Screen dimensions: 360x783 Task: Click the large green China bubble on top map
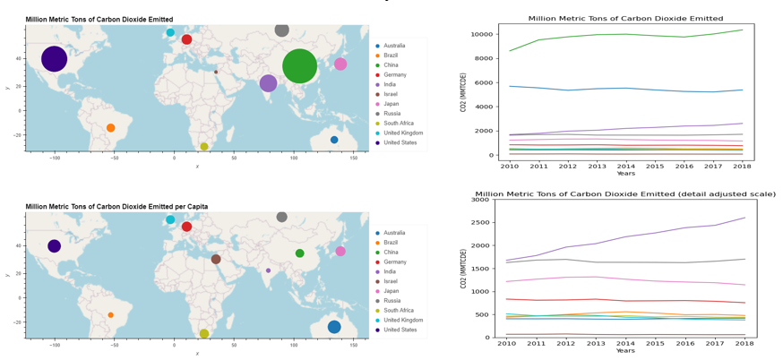point(299,65)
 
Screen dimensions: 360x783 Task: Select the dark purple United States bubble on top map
point(54,59)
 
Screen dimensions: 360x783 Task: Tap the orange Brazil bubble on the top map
point(110,128)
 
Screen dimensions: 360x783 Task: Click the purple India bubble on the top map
point(268,83)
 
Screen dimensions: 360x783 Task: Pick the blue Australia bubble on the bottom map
point(334,327)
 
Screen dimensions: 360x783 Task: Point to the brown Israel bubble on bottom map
point(216,259)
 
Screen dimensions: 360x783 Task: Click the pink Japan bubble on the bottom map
point(340,252)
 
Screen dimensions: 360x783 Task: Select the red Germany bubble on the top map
point(186,39)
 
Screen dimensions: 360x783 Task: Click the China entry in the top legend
point(391,65)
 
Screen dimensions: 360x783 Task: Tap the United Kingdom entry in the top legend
point(403,133)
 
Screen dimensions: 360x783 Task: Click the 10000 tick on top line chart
point(482,34)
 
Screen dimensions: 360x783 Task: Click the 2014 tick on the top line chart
point(626,166)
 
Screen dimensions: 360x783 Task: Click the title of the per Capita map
point(116,207)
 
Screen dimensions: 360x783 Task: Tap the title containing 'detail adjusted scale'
point(625,193)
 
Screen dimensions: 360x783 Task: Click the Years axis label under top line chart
point(625,174)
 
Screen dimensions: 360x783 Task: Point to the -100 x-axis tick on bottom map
point(55,344)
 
